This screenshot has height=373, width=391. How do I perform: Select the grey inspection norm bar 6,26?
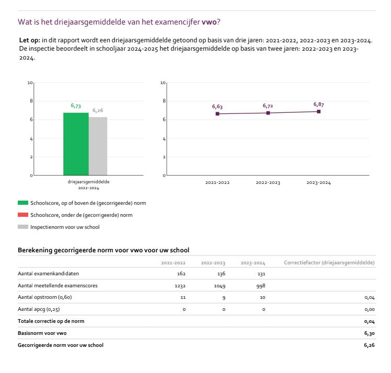pyautogui.click(x=98, y=146)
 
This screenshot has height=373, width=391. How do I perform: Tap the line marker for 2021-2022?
pyautogui.click(x=217, y=114)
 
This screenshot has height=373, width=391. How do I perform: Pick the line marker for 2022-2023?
pyautogui.click(x=268, y=113)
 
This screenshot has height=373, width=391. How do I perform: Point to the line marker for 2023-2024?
pyautogui.click(x=318, y=111)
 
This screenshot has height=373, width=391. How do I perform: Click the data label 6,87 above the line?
pyautogui.click(x=318, y=104)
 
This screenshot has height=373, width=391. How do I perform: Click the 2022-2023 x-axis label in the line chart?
pyautogui.click(x=268, y=183)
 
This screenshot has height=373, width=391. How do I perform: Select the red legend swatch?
pyautogui.click(x=23, y=215)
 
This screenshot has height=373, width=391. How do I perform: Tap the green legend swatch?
pyautogui.click(x=23, y=203)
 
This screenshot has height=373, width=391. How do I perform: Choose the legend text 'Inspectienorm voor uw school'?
pyautogui.click(x=65, y=227)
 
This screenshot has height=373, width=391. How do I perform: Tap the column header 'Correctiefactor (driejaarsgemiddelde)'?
pyautogui.click(x=329, y=262)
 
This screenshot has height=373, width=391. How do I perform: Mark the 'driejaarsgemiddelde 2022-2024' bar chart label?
pyautogui.click(x=85, y=185)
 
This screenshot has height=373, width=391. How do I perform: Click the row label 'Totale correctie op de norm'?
pyautogui.click(x=51, y=321)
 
